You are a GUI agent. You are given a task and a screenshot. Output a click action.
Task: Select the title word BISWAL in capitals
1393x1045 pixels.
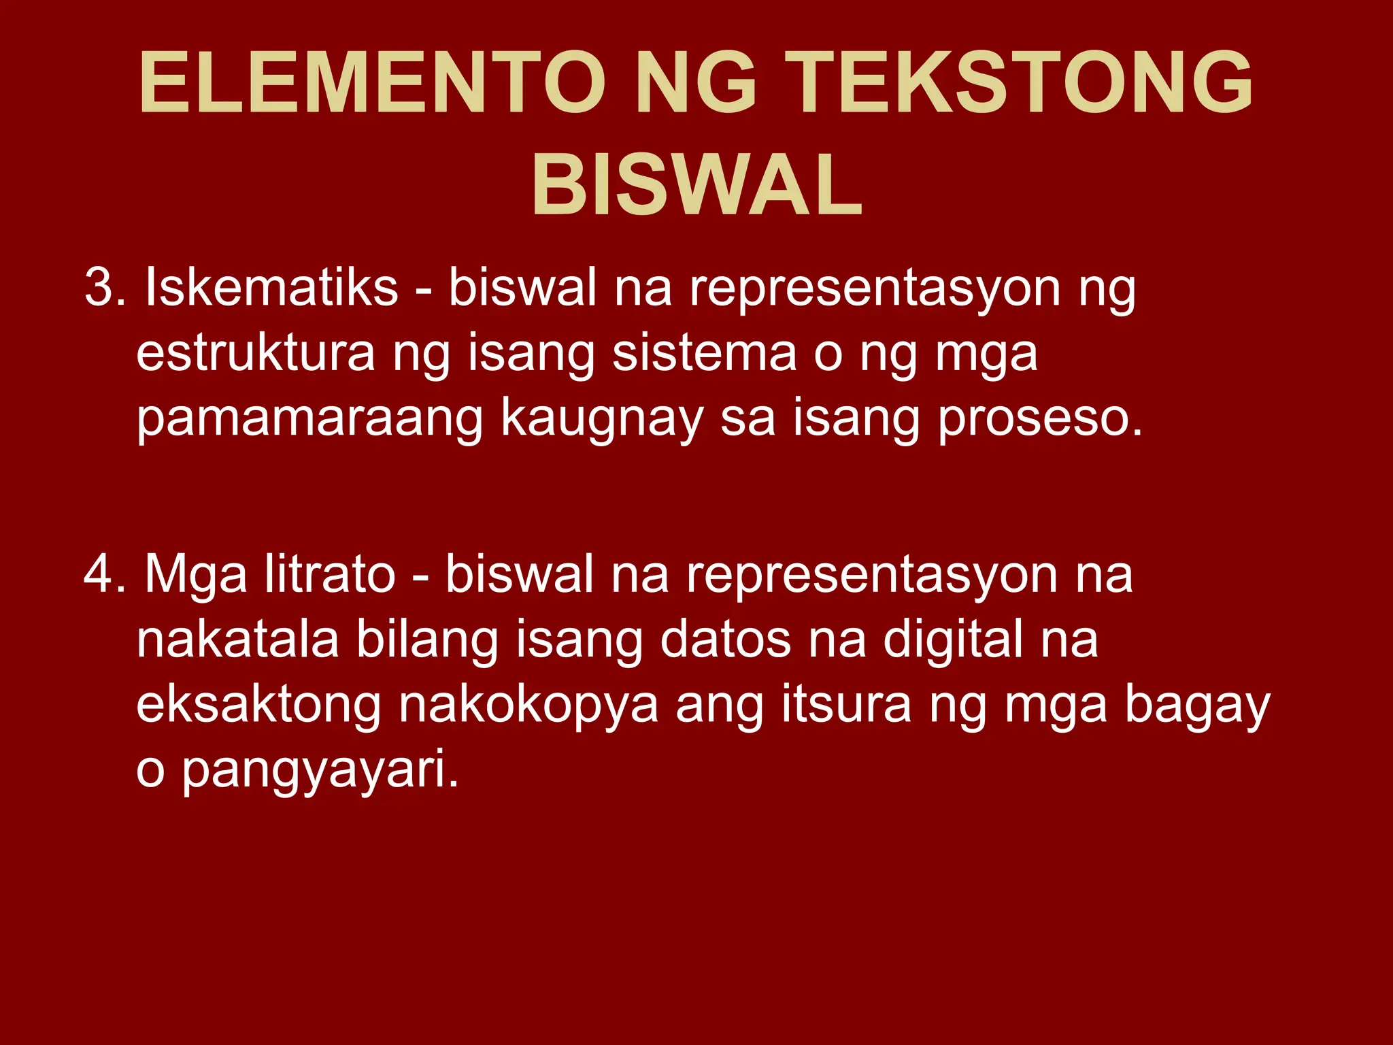pyautogui.click(x=696, y=186)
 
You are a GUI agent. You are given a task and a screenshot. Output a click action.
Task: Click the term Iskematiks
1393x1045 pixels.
pyautogui.click(x=271, y=288)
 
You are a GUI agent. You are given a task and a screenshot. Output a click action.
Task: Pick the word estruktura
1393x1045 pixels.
pyautogui.click(x=255, y=354)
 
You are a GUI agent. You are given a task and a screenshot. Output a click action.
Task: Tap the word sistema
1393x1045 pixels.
pyautogui.click(x=704, y=354)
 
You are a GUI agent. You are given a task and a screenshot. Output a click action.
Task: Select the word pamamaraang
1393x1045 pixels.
pyautogui.click(x=309, y=420)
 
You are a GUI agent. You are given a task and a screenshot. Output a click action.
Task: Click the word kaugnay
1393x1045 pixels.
pyautogui.click(x=602, y=420)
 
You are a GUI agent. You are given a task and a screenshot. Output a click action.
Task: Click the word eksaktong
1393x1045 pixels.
pyautogui.click(x=258, y=706)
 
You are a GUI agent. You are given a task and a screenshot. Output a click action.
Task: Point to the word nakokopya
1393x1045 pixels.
pyautogui.click(x=528, y=706)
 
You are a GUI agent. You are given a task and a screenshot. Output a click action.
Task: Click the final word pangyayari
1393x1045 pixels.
pyautogui.click(x=320, y=771)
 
